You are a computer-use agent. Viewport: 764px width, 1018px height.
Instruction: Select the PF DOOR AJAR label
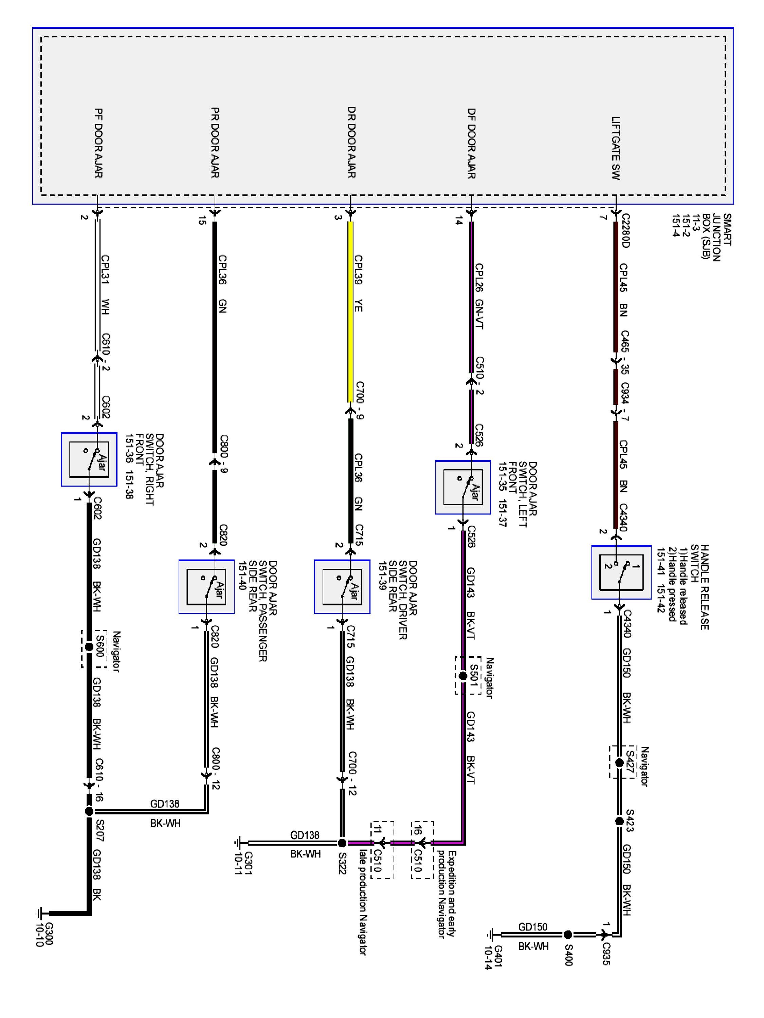(98, 143)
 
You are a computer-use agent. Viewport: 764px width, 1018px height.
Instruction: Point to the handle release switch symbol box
(621, 572)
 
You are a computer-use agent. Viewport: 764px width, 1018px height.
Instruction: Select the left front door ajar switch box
(463, 487)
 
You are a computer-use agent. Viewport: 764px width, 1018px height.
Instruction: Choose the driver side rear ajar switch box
(342, 586)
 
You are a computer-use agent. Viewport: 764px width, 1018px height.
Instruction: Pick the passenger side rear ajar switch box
(206, 586)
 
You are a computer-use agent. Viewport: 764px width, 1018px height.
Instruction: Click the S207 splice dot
(89, 811)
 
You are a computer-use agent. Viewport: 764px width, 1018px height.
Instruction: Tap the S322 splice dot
(342, 843)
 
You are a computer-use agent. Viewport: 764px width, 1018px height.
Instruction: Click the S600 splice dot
(89, 647)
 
